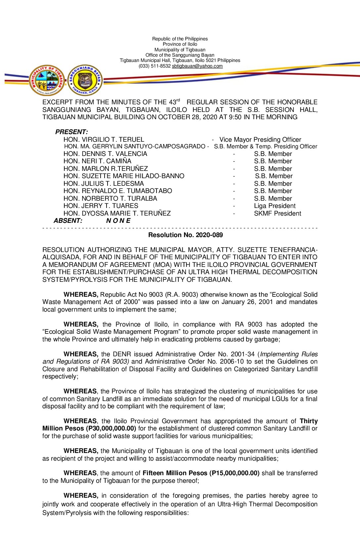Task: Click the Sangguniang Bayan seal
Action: click(x=85, y=80)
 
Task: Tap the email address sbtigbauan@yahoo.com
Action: click(x=197, y=66)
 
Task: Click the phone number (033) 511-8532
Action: click(x=155, y=66)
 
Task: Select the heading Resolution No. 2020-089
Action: click(x=185, y=235)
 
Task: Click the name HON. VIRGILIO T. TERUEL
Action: click(x=104, y=139)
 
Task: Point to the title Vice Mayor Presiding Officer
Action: click(x=260, y=139)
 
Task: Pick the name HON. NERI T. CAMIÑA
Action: click(x=97, y=161)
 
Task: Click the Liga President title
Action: click(x=275, y=206)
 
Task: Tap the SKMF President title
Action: click(x=277, y=213)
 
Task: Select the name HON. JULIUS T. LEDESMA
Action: click(x=104, y=183)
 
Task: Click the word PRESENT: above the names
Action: click(x=71, y=132)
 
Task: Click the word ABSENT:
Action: click(x=68, y=221)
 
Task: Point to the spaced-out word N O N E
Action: click(x=118, y=221)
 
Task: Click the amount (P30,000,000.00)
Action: click(x=111, y=428)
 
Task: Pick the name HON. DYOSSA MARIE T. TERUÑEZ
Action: click(x=117, y=213)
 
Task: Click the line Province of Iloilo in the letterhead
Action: click(x=180, y=44)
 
